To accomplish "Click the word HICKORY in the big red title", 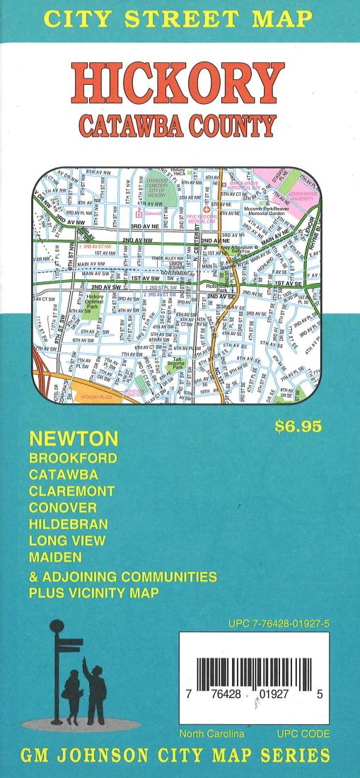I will click(180, 84).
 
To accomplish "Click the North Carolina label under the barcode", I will click(211, 732).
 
